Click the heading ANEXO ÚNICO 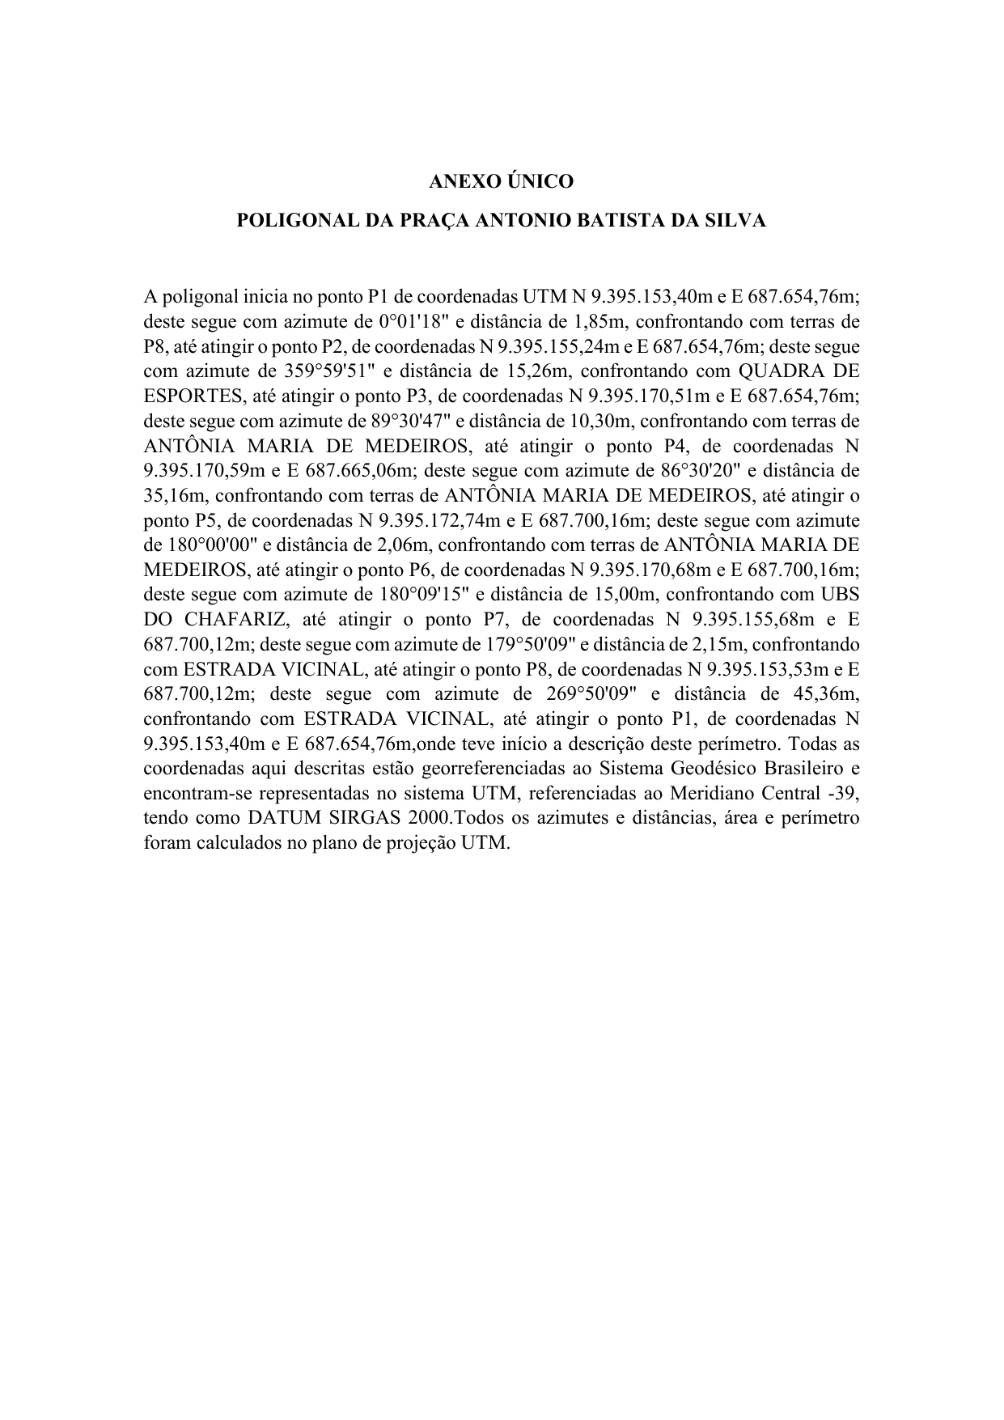click(x=501, y=181)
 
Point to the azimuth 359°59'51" click(x=333, y=371)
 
